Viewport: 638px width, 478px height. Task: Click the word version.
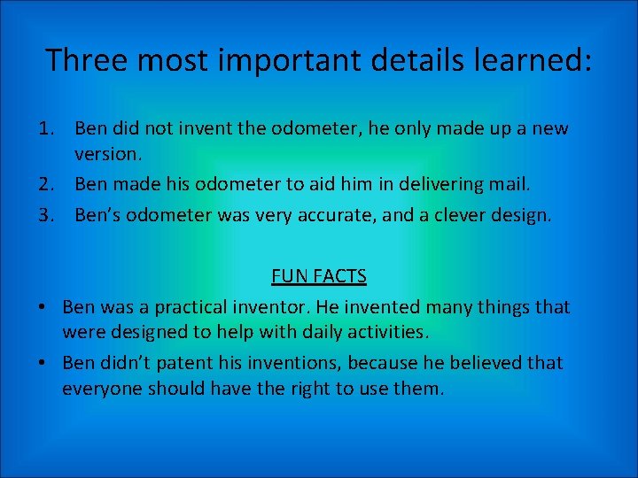(107, 154)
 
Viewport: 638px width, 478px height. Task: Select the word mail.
(511, 184)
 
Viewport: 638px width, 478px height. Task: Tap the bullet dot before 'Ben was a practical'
(42, 308)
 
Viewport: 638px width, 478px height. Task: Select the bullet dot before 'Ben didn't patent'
(42, 364)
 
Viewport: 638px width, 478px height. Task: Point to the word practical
(196, 308)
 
